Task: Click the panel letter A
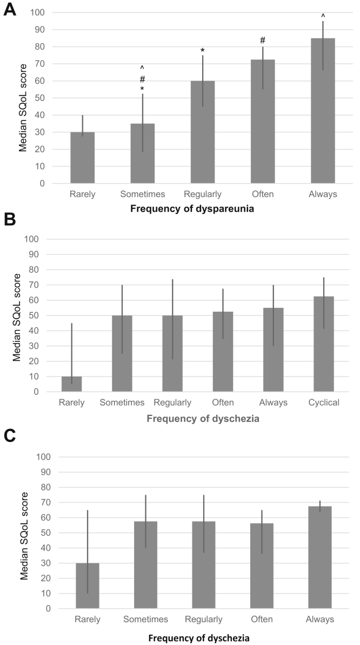click(x=10, y=9)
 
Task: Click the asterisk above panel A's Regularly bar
click(x=202, y=51)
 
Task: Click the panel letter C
click(x=10, y=435)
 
